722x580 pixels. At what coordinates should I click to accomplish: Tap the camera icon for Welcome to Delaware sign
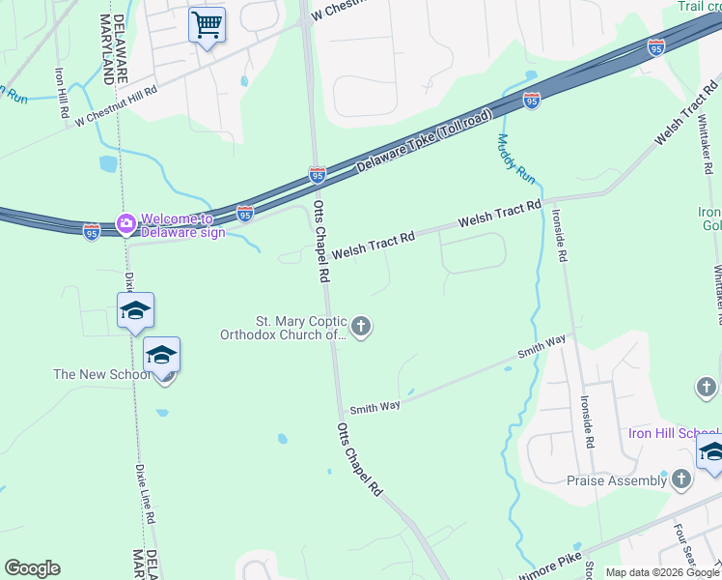126,223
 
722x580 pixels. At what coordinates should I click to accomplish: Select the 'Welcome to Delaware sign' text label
183,225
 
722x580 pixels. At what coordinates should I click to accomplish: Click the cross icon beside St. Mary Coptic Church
361,328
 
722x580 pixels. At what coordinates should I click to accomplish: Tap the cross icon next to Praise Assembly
681,478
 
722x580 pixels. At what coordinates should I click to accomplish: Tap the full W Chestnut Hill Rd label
116,106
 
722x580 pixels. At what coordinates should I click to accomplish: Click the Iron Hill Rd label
62,93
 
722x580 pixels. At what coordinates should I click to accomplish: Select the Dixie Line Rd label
146,494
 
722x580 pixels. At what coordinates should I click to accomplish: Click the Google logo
32,568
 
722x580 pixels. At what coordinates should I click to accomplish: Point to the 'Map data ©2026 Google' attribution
661,572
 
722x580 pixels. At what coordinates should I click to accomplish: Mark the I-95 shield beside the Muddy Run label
532,100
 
